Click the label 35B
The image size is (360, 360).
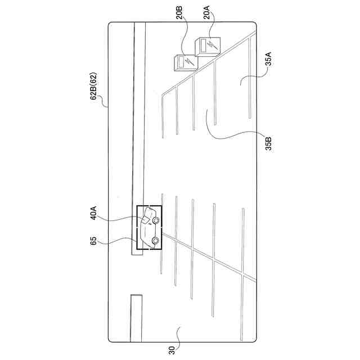pos(269,142)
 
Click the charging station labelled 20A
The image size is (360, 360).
pos(206,46)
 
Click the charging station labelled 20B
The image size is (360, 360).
pos(184,61)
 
